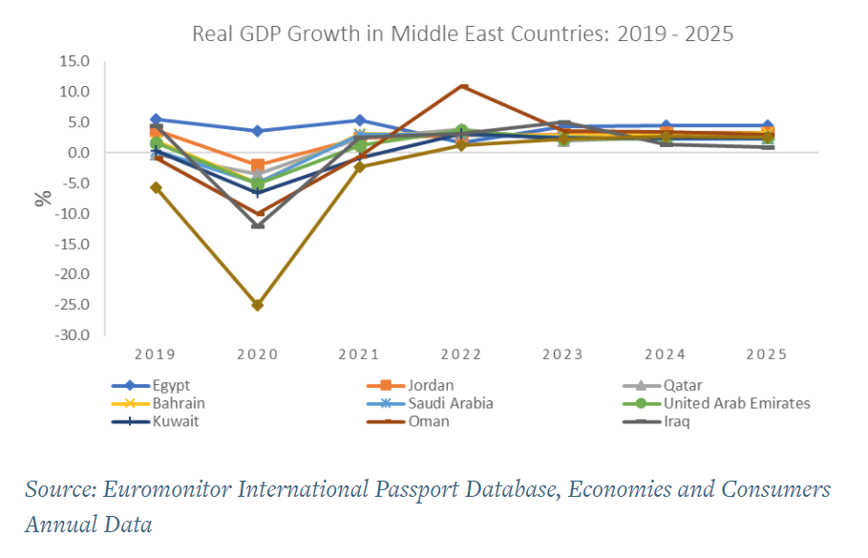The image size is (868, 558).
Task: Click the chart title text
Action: [x=462, y=34]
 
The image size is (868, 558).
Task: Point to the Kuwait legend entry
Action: [x=176, y=421]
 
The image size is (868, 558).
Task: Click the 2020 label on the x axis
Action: [x=257, y=354]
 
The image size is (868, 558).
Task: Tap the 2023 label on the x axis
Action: [x=563, y=354]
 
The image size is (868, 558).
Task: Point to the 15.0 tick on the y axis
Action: [x=74, y=62]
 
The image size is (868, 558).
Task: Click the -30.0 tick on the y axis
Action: [x=72, y=336]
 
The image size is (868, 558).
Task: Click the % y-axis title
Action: [x=43, y=199]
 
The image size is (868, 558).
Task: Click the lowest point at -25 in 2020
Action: [x=257, y=305]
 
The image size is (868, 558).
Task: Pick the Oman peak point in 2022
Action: [x=462, y=86]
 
